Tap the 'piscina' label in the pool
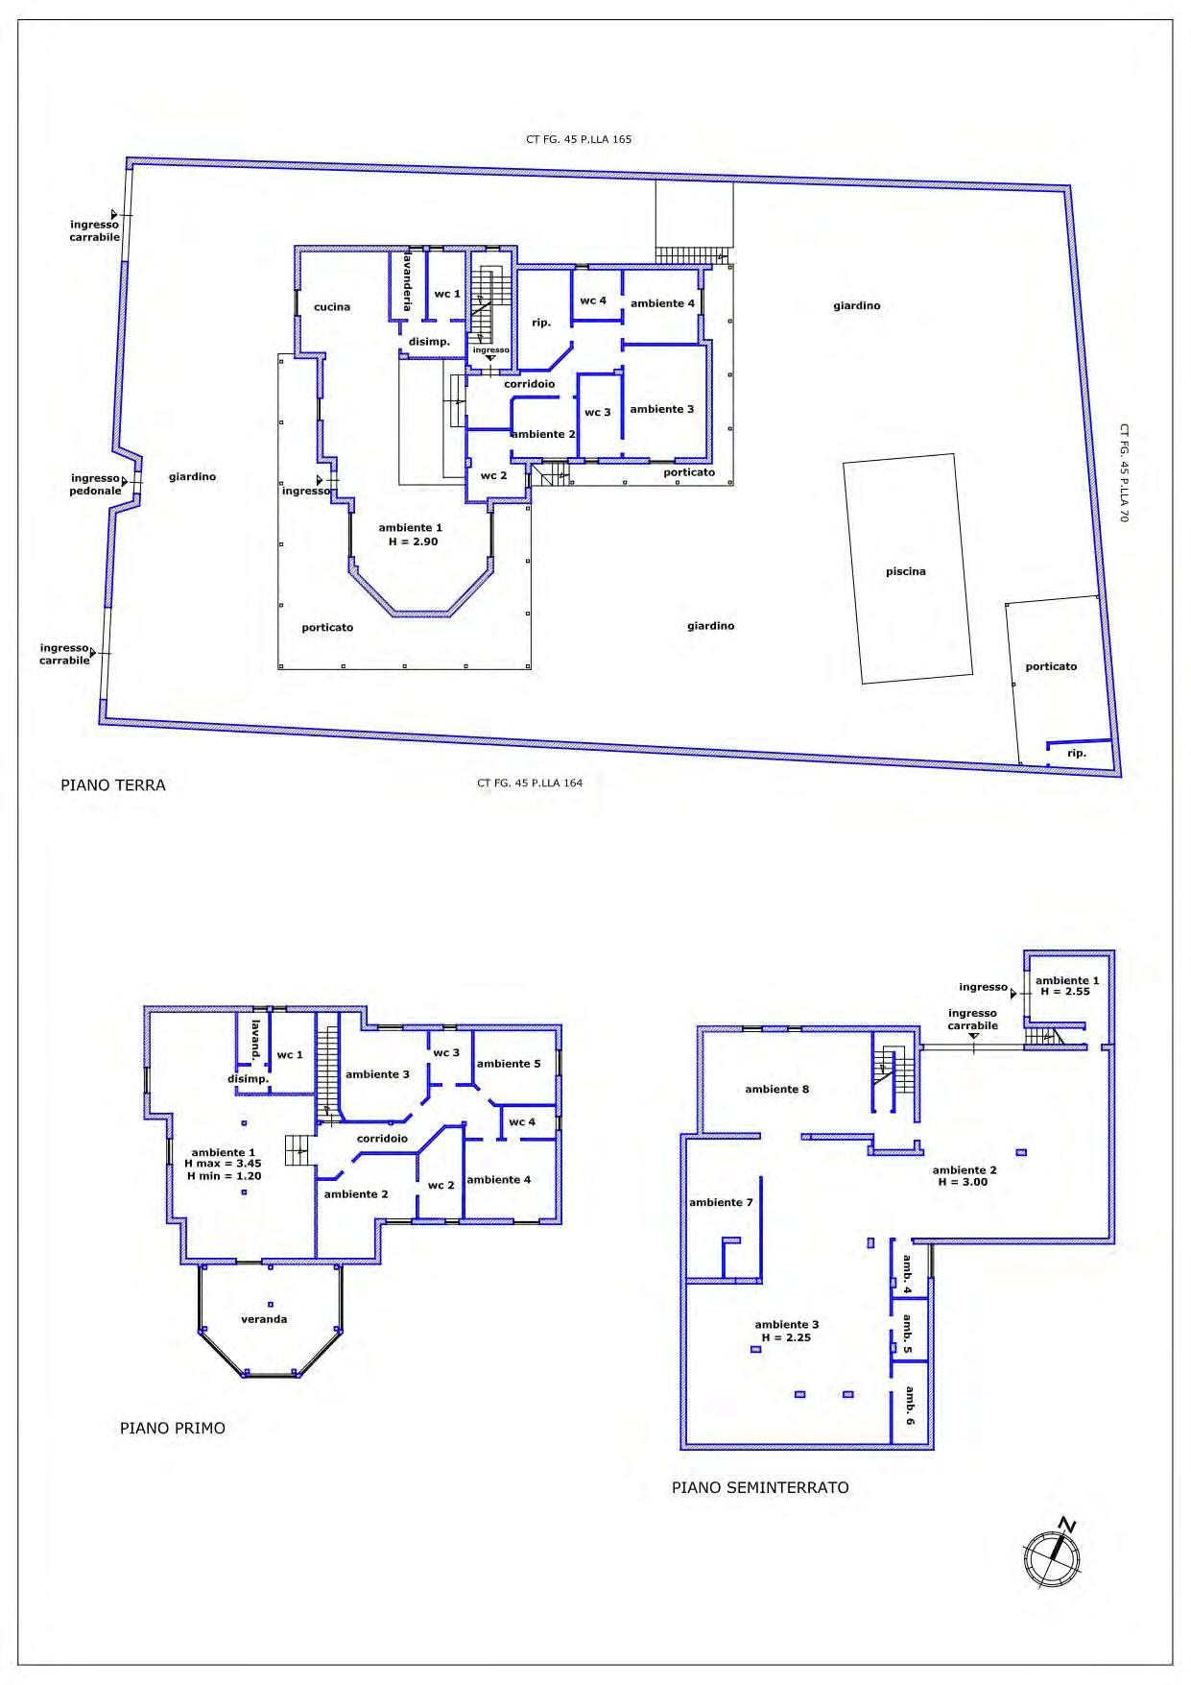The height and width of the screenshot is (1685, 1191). coord(906,571)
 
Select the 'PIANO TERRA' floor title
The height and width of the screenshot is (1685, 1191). coord(113,785)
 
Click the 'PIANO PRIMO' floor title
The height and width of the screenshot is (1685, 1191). coord(173,1428)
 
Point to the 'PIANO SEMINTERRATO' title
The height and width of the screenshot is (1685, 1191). coord(760,1487)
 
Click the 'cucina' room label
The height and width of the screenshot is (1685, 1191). coord(332,307)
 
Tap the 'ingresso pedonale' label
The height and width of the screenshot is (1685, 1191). coord(96,484)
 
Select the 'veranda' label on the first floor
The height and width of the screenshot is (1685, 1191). coord(264,1319)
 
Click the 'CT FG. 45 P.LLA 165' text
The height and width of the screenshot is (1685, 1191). coord(579,139)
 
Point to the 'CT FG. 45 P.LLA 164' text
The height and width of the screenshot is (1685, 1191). coord(530,782)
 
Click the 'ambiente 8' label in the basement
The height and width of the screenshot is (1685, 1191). coord(777,1089)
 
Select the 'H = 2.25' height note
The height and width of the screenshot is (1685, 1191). coord(786,1336)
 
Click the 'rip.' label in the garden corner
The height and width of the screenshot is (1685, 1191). coord(1077,754)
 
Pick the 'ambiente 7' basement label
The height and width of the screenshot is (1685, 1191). coord(721,1202)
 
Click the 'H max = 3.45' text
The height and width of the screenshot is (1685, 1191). coord(223,1164)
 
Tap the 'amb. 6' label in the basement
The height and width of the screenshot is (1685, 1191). coord(909,1406)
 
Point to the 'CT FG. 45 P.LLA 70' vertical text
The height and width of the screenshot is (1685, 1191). coord(1124,473)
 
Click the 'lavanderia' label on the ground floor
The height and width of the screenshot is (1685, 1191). coord(408,281)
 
